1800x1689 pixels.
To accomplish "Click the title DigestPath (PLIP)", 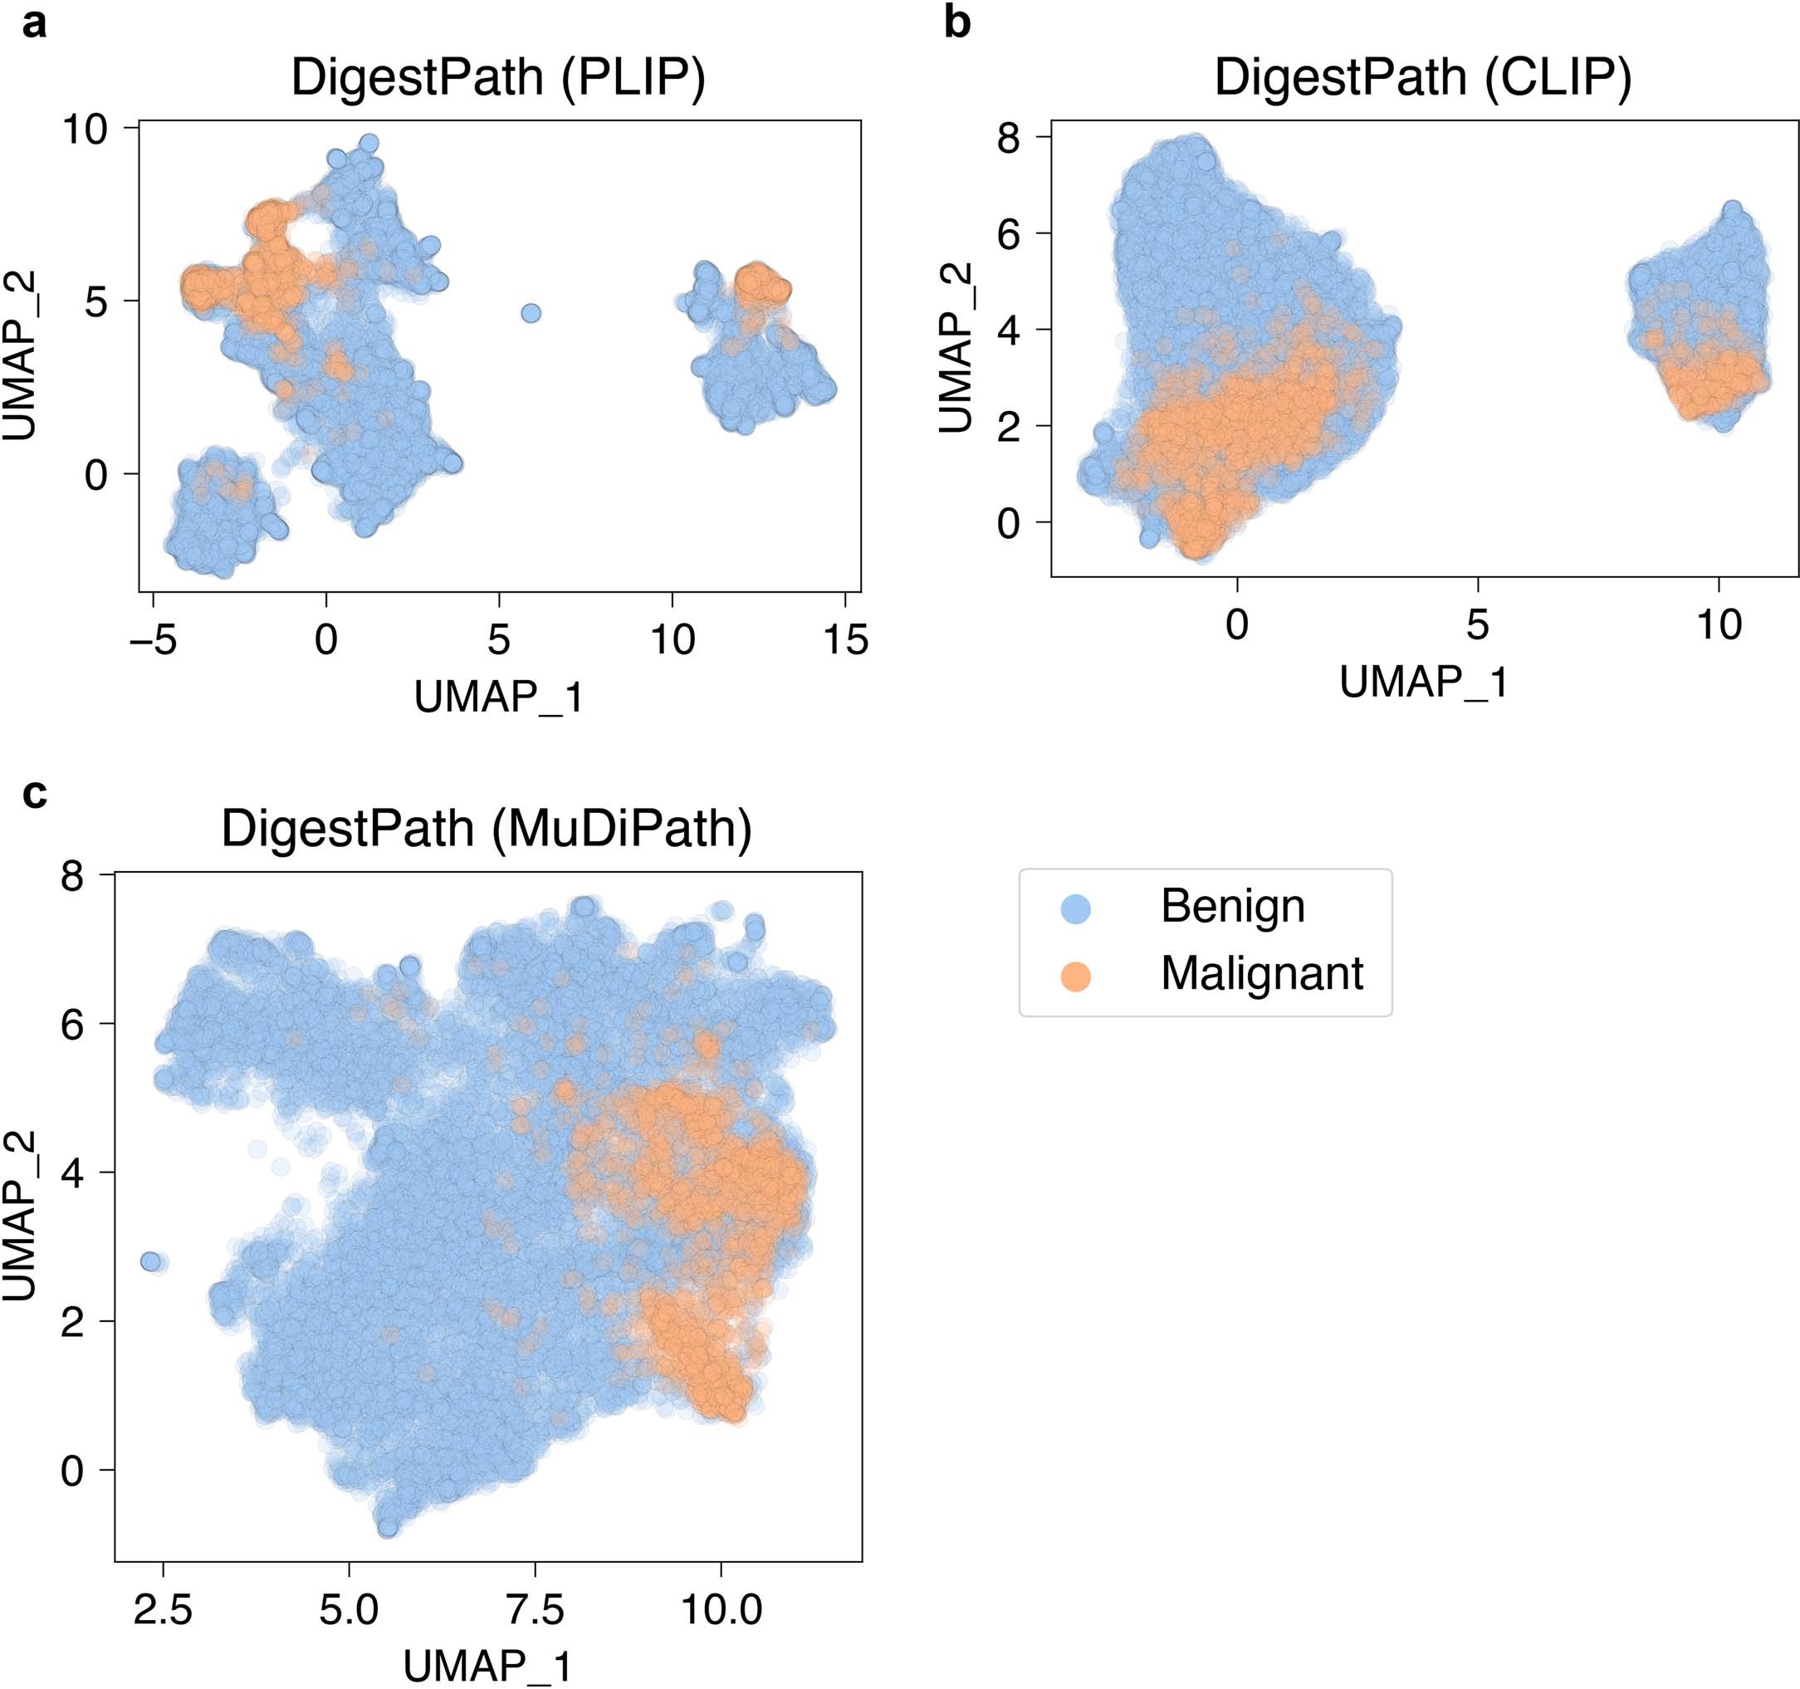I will point(498,78).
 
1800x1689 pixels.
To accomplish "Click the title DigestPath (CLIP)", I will point(1422,78).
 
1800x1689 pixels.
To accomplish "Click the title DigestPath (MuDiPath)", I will point(487,829).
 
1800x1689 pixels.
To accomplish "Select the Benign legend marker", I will point(1074,908).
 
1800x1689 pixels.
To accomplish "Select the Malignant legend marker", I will point(1074,977).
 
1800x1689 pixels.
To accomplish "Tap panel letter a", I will point(33,23).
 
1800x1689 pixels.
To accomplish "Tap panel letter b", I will point(957,23).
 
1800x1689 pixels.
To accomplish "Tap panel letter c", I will point(33,793).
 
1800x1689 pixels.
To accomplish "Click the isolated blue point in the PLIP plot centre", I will point(531,313).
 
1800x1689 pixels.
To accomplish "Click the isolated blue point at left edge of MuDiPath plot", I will point(150,1261).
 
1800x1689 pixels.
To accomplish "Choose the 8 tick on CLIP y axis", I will point(1008,139).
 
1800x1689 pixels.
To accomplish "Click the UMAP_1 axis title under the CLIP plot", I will point(1424,682).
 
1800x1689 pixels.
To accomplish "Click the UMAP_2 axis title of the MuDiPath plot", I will point(20,1215).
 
